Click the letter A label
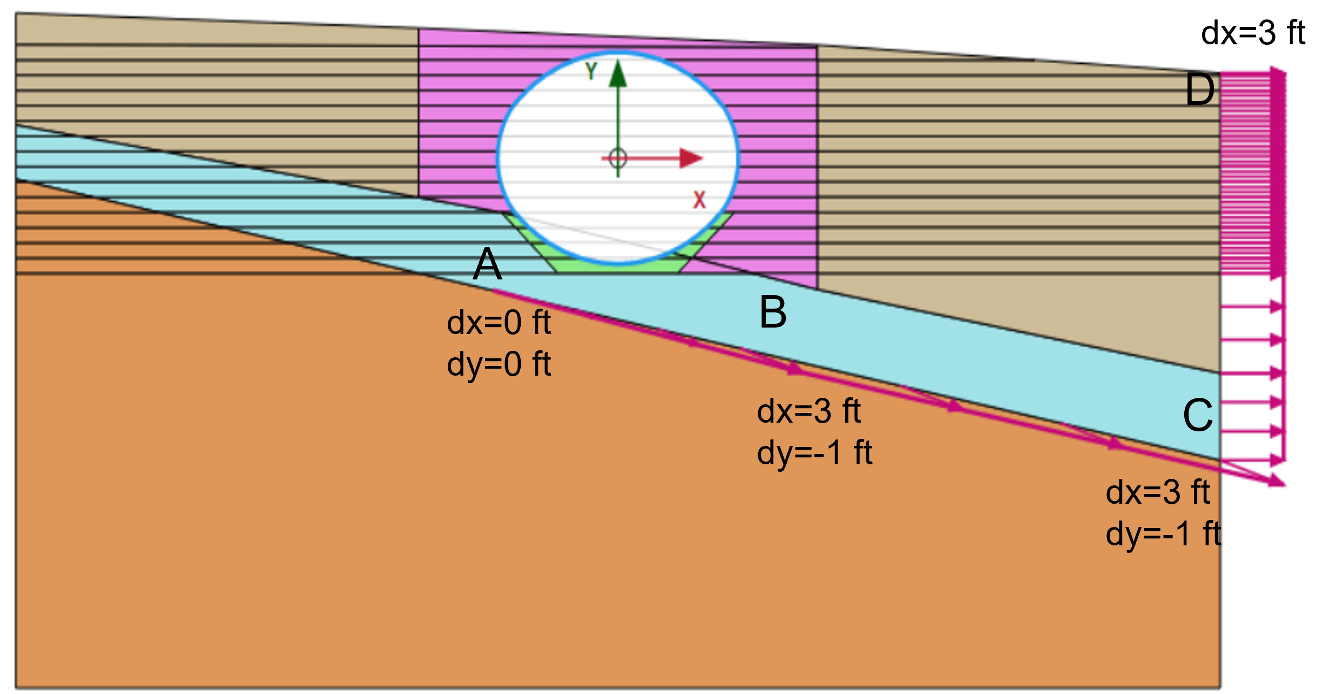[x=487, y=264]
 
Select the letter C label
[x=1198, y=415]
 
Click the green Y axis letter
[x=591, y=71]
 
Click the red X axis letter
[x=699, y=200]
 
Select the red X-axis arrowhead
[x=691, y=158]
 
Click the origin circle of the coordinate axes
[x=618, y=158]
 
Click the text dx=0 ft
[x=499, y=323]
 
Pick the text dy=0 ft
[x=499, y=364]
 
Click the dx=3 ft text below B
[x=808, y=411]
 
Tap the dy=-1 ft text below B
[x=814, y=453]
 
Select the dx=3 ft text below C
[x=1157, y=492]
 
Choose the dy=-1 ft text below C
[x=1163, y=534]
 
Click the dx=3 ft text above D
[x=1252, y=33]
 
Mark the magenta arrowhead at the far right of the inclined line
[x=1277, y=481]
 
